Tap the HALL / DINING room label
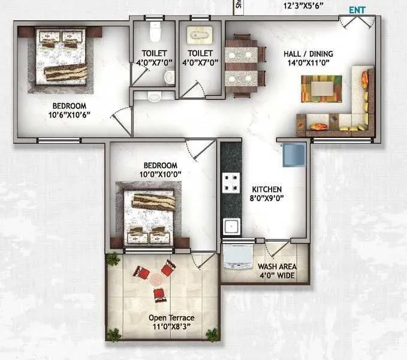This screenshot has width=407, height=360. pyautogui.click(x=308, y=53)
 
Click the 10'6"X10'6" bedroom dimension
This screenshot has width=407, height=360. pyautogui.click(x=71, y=114)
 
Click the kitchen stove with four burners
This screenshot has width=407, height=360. pyautogui.click(x=231, y=182)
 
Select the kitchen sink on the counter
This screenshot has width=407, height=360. pyautogui.click(x=231, y=226)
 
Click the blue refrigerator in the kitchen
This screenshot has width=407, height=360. pyautogui.click(x=294, y=154)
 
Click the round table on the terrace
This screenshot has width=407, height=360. pyautogui.click(x=156, y=280)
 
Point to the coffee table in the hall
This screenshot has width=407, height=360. pyautogui.click(x=321, y=89)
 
